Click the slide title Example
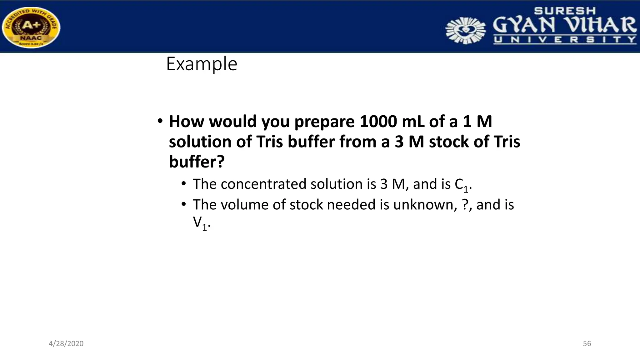202,64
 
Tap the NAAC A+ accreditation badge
31,28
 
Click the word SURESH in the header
565,11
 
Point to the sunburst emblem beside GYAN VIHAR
465,30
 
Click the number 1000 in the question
378,122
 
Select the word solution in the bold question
200,142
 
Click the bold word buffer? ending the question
197,162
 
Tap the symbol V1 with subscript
200,223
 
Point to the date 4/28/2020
66,344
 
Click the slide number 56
587,344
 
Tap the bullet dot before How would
160,121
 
